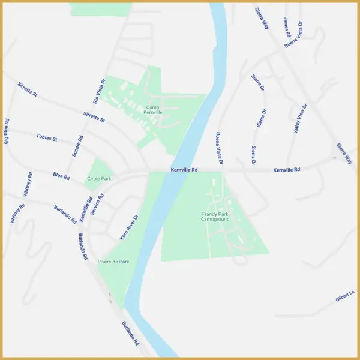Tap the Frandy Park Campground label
215,217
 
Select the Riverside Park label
113,262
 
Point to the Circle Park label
100,179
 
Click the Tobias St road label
47,139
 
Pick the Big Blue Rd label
7,131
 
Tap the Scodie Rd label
77,146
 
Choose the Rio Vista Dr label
99,92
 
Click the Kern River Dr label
129,227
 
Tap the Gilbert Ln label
345,296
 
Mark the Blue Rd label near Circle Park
61,177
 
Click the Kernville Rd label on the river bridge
184,170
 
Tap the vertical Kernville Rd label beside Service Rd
85,209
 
